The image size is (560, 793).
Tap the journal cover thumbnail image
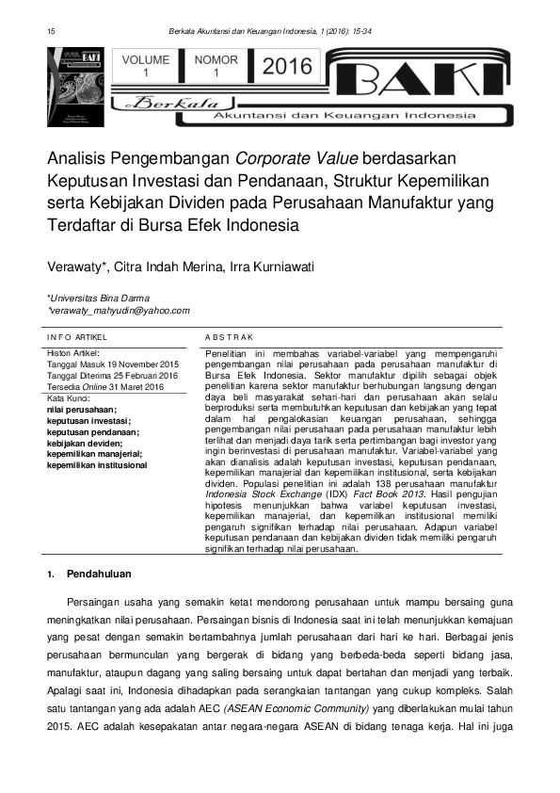[79, 87]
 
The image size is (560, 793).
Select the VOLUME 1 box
[145, 66]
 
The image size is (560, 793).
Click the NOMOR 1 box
[216, 66]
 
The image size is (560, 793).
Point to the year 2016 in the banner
[286, 66]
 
